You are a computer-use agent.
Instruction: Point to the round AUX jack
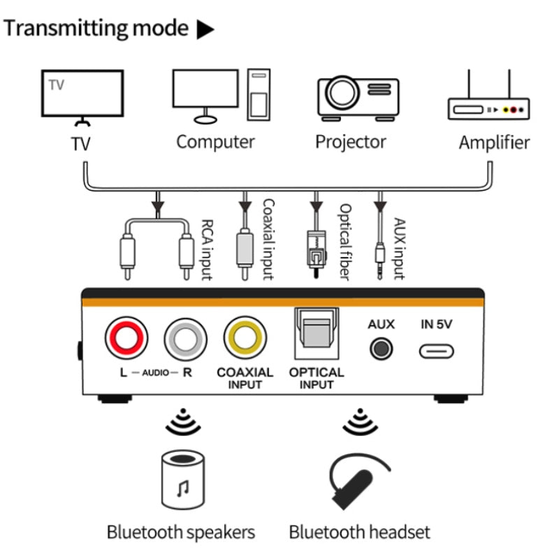(x=381, y=348)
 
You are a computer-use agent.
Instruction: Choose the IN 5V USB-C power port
(x=437, y=350)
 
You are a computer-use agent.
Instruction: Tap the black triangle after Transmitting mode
(x=205, y=29)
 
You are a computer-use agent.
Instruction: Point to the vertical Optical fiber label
(x=343, y=241)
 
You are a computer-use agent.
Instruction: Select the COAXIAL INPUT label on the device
(x=245, y=378)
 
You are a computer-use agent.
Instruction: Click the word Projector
(x=350, y=142)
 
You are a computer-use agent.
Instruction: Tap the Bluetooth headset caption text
(x=359, y=532)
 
